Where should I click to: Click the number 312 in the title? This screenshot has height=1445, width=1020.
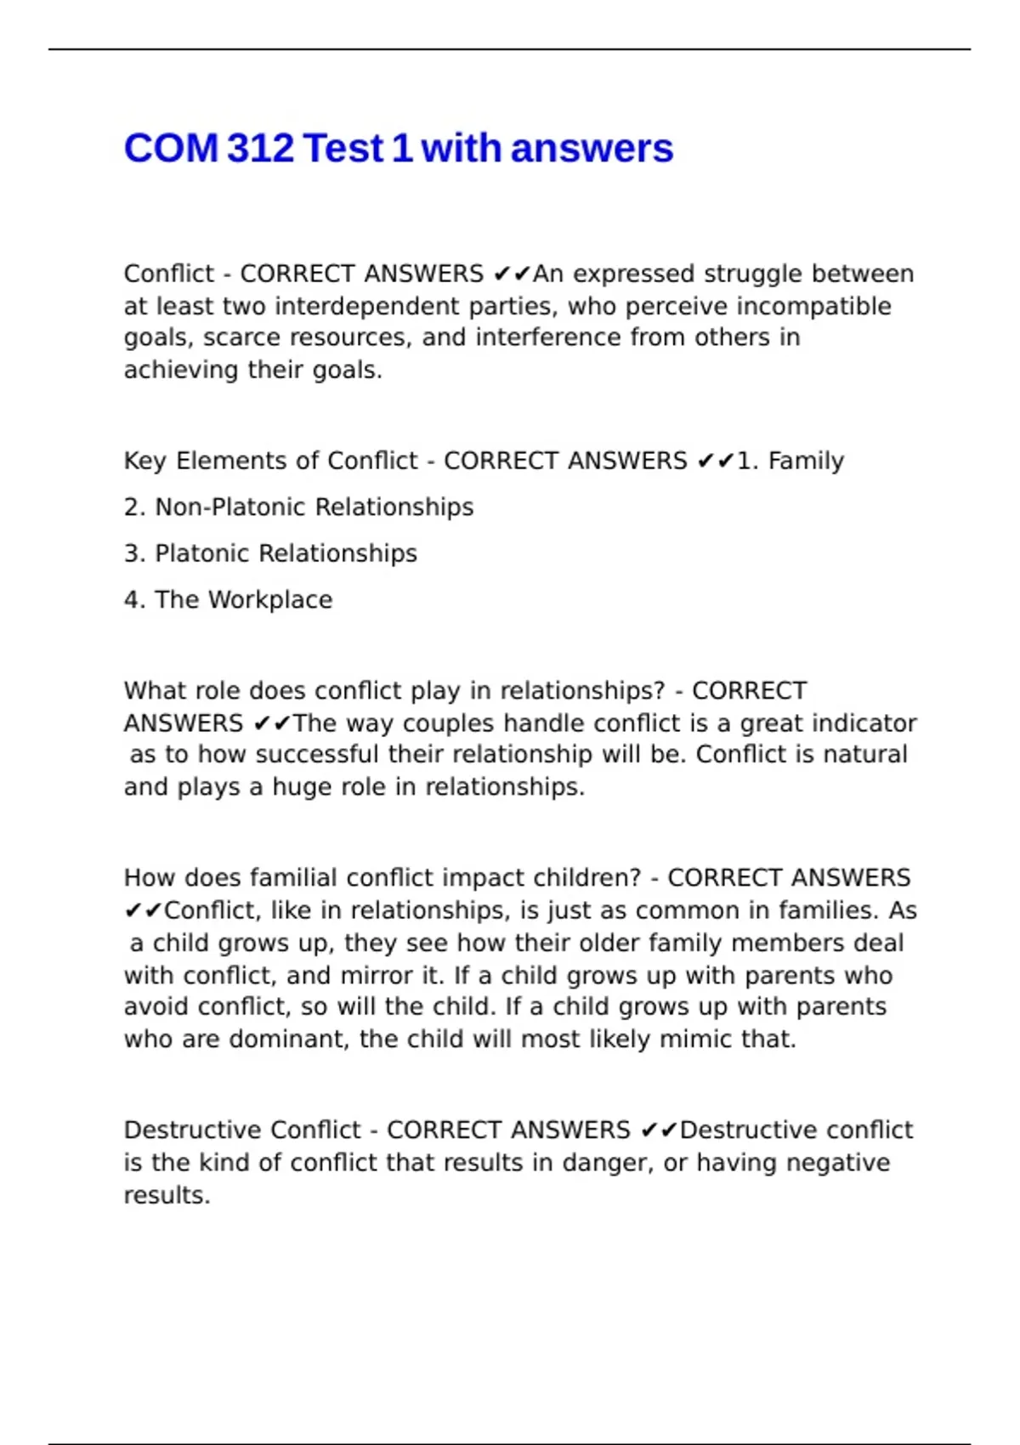261,149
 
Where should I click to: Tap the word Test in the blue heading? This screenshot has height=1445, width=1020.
343,149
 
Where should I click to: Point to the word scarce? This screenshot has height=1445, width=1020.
242,338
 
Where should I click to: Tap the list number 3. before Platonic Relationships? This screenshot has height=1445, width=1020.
134,553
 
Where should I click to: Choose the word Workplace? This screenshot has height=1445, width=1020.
270,600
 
